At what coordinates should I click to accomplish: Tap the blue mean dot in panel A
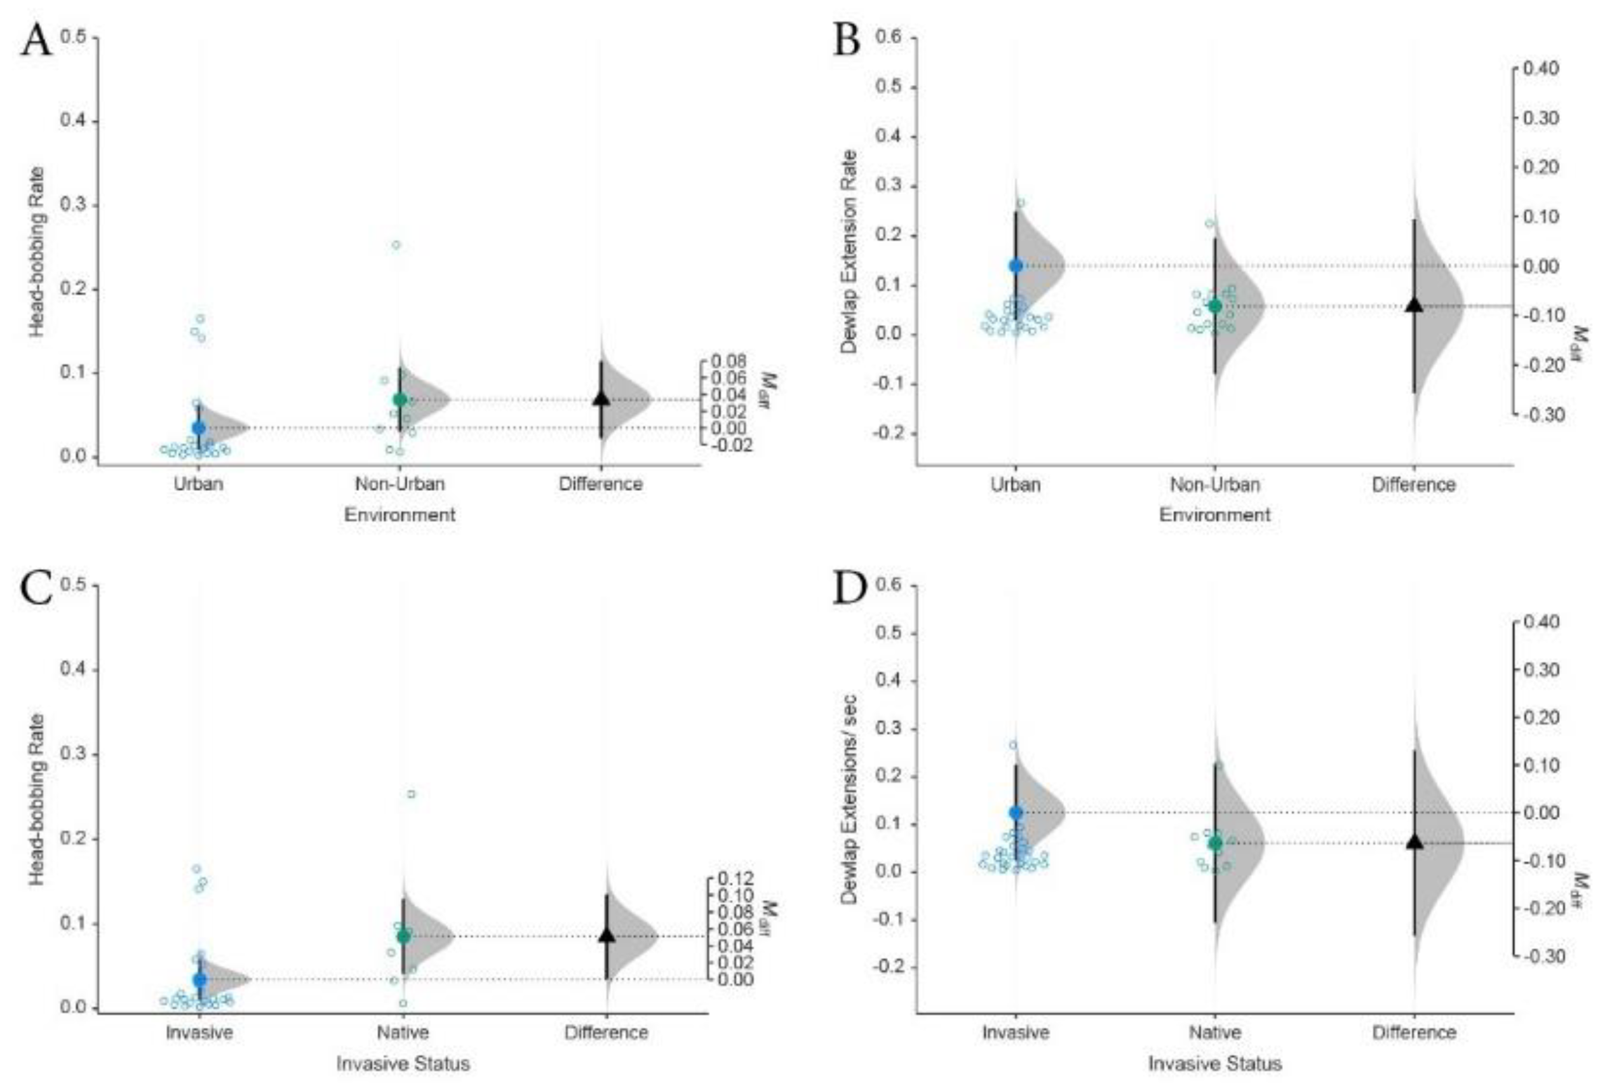(x=199, y=428)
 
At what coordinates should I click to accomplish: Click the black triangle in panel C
(x=607, y=935)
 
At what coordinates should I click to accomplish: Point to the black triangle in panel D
(x=1414, y=841)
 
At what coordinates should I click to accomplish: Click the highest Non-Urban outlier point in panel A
(x=396, y=245)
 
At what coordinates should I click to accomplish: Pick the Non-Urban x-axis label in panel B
(x=1214, y=485)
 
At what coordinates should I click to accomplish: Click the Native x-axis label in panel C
(x=403, y=1033)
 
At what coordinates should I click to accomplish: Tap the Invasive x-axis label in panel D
(x=1015, y=1033)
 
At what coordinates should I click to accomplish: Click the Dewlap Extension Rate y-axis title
(x=849, y=252)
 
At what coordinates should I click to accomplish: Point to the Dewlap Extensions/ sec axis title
(x=849, y=799)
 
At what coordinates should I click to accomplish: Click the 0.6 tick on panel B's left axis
(x=888, y=37)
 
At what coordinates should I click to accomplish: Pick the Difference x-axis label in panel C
(x=606, y=1033)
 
